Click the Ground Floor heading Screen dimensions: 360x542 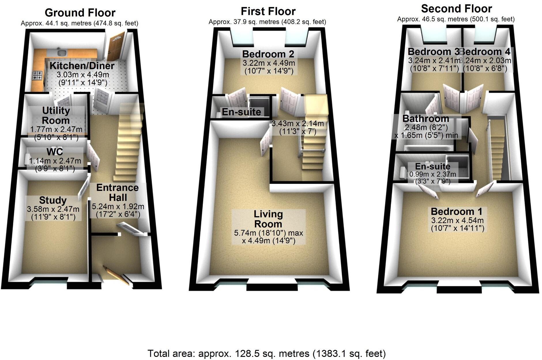point(80,13)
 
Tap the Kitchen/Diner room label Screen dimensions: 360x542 point(82,66)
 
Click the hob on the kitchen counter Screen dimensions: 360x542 point(37,76)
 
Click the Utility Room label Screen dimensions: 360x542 point(56,115)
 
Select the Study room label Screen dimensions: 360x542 point(53,200)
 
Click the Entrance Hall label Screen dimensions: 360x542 point(118,193)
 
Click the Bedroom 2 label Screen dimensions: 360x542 point(268,54)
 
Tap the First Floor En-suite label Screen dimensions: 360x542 point(241,112)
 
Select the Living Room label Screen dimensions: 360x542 point(268,219)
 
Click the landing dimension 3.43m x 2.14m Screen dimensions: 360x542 point(298,124)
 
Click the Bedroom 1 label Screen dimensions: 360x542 point(456,212)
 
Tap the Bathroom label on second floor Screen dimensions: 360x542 point(426,118)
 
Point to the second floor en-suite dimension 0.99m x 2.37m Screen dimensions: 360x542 point(432,174)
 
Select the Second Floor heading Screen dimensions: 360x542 point(456,9)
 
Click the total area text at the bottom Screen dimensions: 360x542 point(266,353)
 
